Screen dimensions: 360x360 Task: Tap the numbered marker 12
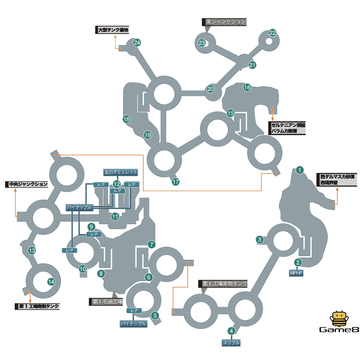[117, 184]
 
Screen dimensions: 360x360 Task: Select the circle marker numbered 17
[176, 182]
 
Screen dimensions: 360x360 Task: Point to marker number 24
[137, 43]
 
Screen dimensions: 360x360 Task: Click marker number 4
[232, 331]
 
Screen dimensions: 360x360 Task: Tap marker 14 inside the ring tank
[51, 281]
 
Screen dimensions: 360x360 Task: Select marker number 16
[247, 87]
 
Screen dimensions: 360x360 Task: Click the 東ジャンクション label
[225, 22]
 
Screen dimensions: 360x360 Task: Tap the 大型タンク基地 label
[113, 30]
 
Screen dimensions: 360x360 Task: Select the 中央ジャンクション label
[27, 184]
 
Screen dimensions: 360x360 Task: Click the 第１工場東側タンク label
[225, 283]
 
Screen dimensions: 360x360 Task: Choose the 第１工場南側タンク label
[38, 306]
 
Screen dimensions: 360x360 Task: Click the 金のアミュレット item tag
[121, 172]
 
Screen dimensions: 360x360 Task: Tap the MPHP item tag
[297, 272]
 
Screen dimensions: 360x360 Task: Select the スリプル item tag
[231, 343]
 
